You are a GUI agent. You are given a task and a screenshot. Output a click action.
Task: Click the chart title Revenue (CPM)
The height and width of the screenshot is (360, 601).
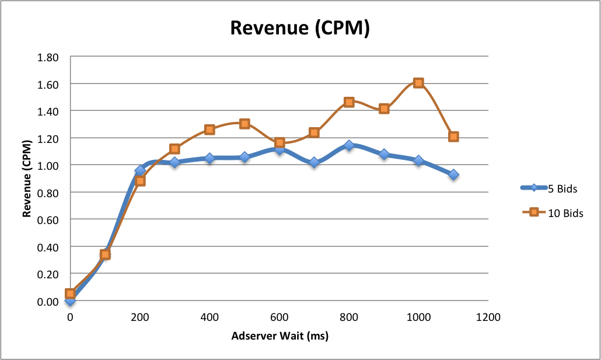pyautogui.click(x=300, y=28)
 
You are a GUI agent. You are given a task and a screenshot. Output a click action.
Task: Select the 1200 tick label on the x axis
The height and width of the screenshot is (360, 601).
pyautogui.click(x=488, y=317)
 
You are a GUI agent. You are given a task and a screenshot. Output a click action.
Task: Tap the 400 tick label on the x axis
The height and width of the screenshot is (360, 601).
pyautogui.click(x=209, y=317)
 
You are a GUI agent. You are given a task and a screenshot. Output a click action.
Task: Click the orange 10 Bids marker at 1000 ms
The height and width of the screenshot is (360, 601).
pyautogui.click(x=418, y=83)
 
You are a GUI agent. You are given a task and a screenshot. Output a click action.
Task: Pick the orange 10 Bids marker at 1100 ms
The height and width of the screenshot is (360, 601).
pyautogui.click(x=453, y=137)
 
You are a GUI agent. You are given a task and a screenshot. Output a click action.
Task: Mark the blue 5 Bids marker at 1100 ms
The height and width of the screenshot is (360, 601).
pyautogui.click(x=453, y=174)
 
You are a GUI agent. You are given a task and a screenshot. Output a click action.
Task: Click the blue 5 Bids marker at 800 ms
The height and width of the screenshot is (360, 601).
pyautogui.click(x=349, y=145)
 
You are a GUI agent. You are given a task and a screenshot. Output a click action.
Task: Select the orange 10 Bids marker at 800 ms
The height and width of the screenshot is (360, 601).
pyautogui.click(x=349, y=102)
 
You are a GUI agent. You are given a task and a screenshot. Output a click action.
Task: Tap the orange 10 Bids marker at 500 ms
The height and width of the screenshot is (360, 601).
pyautogui.click(x=244, y=124)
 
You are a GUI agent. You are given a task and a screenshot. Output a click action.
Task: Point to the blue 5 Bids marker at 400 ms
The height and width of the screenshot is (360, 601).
pyautogui.click(x=209, y=158)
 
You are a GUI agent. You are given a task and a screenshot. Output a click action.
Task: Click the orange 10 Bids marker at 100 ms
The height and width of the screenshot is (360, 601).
pyautogui.click(x=105, y=254)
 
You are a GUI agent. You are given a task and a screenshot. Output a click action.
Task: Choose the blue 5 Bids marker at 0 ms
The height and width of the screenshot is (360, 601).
pyautogui.click(x=70, y=300)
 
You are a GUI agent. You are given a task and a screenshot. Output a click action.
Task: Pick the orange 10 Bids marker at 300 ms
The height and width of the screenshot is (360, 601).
pyautogui.click(x=174, y=149)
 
